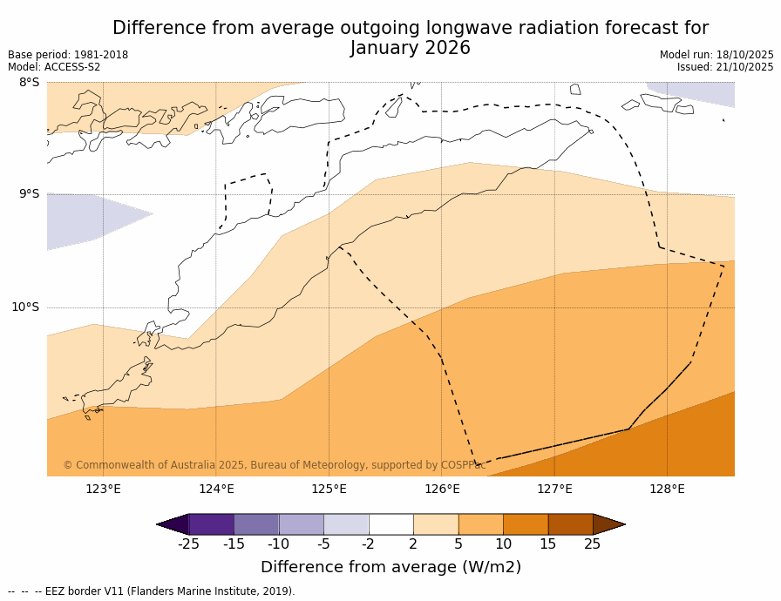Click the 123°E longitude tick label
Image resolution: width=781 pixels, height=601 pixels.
point(103,489)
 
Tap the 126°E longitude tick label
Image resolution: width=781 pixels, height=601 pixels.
point(442,489)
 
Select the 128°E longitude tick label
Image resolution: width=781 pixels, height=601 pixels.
point(667,489)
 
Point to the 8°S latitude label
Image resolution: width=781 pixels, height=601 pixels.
point(29,83)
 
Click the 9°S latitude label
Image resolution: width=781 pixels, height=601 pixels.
point(29,194)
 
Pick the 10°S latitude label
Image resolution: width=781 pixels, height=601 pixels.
point(25,307)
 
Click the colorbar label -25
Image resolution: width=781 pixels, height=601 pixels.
point(188,544)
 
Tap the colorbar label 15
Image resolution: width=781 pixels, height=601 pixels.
point(547,544)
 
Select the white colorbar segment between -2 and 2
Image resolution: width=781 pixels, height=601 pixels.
point(390,524)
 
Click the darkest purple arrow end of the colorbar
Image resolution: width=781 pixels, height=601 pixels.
point(173,524)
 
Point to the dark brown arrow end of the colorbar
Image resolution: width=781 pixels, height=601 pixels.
point(608,524)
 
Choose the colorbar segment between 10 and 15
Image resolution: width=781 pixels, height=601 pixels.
point(526,524)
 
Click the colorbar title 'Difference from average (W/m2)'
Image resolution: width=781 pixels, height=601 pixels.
point(390,567)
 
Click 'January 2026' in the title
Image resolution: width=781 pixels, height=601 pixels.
point(411,49)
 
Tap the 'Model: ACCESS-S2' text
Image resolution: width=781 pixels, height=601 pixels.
point(54,67)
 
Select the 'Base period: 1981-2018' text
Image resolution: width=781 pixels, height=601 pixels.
point(68,55)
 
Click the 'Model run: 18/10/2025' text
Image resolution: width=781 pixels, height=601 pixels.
point(716,55)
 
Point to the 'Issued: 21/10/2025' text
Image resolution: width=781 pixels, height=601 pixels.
point(725,67)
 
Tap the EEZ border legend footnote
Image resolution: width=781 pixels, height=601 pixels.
point(152,591)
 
